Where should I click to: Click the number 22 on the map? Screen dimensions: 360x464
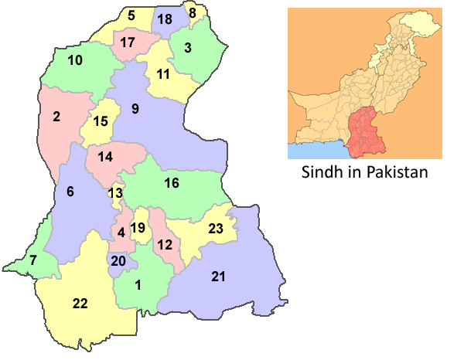(x=80, y=304)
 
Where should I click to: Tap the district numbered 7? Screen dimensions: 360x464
(x=32, y=260)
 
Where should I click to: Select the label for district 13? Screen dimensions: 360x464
(x=115, y=193)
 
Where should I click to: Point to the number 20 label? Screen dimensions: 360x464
(x=118, y=261)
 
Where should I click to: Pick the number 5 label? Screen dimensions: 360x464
(x=131, y=15)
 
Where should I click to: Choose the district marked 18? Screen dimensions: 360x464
(x=164, y=19)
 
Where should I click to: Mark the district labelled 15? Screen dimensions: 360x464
(x=101, y=121)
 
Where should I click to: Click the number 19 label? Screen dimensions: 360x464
(x=138, y=228)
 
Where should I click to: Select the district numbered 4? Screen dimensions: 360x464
(x=121, y=232)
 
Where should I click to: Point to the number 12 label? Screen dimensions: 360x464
(x=164, y=245)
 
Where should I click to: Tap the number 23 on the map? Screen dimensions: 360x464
(x=216, y=228)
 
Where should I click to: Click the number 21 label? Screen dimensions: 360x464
(x=217, y=277)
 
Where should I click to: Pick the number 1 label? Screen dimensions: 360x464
(x=138, y=285)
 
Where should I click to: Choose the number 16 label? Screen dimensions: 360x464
(x=172, y=183)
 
